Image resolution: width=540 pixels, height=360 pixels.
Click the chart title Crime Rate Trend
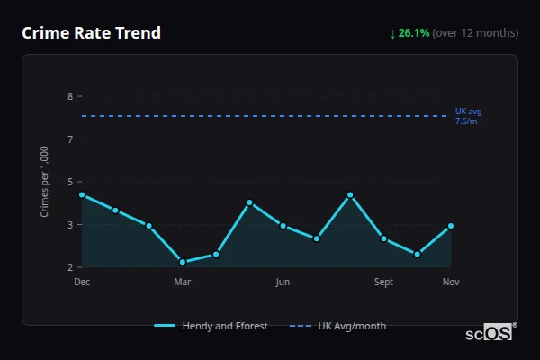(x=92, y=33)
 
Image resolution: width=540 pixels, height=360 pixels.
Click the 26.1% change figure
(x=414, y=33)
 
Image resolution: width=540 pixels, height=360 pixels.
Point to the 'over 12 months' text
(x=475, y=33)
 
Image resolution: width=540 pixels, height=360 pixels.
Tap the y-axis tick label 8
(x=69, y=96)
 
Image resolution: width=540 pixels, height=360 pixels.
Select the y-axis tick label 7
(x=69, y=139)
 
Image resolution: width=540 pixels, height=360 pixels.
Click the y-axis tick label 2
(x=69, y=267)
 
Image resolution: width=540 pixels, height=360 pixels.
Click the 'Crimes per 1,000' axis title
(x=45, y=183)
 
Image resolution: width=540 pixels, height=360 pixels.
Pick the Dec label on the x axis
(x=82, y=283)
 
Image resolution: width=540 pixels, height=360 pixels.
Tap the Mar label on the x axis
(x=183, y=283)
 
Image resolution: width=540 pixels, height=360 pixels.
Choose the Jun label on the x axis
(x=283, y=283)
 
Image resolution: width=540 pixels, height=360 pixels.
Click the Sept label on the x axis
(x=383, y=283)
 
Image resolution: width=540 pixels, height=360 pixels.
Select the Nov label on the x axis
(x=451, y=283)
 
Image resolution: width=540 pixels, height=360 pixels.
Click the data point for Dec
(x=82, y=194)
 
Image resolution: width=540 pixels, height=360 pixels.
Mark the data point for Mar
(x=183, y=262)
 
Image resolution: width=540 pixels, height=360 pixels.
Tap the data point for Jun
(x=283, y=226)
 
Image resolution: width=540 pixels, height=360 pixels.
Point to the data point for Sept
(x=383, y=238)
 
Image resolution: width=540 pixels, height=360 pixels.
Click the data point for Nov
(x=451, y=226)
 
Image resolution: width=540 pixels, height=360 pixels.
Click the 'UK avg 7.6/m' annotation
(x=468, y=116)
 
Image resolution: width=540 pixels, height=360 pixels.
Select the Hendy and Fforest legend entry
(x=212, y=326)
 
